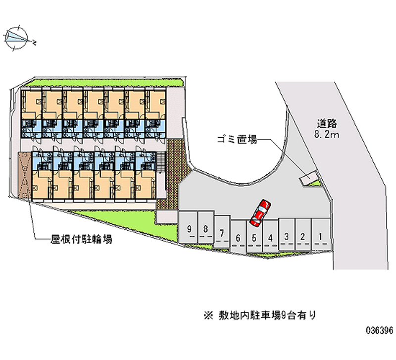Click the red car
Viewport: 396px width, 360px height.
(260, 210)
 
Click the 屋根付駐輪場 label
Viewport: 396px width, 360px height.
(81, 240)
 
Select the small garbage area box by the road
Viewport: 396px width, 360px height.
(308, 177)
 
